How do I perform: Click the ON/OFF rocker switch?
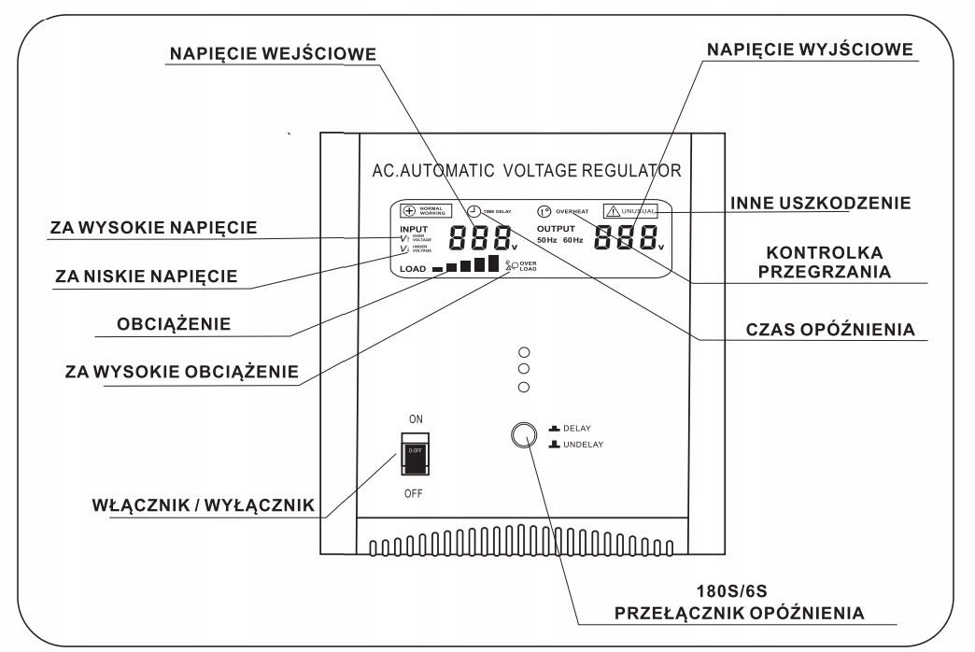(x=415, y=454)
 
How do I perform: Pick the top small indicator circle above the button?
(x=524, y=353)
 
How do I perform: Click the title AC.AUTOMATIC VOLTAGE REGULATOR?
(x=525, y=172)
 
